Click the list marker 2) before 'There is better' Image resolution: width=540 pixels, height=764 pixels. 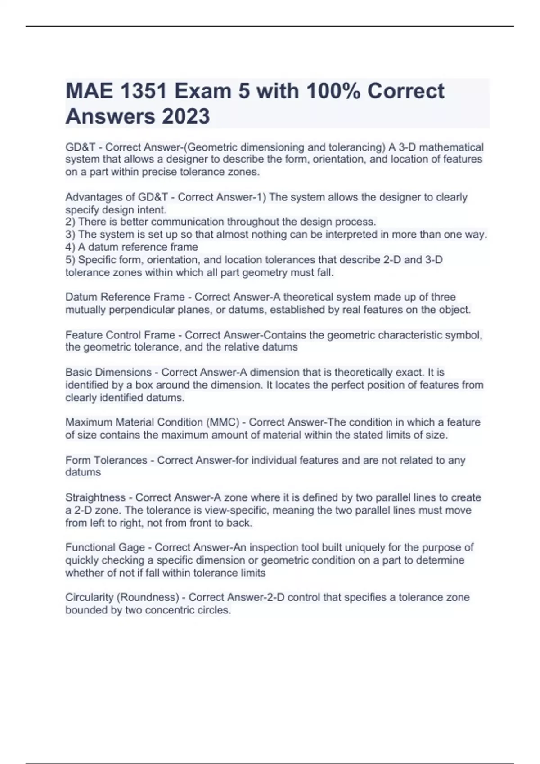point(71,222)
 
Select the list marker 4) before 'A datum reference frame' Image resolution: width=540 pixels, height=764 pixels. point(71,247)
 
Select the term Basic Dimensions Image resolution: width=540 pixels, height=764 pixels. point(108,373)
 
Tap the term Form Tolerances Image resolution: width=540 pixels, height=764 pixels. point(106,460)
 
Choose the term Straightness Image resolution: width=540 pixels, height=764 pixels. point(95,497)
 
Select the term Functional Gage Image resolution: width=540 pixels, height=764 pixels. point(105,547)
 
